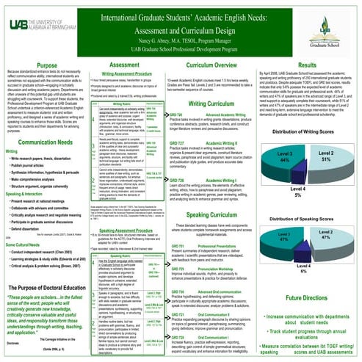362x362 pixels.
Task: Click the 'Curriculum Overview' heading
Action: pos(220,65)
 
